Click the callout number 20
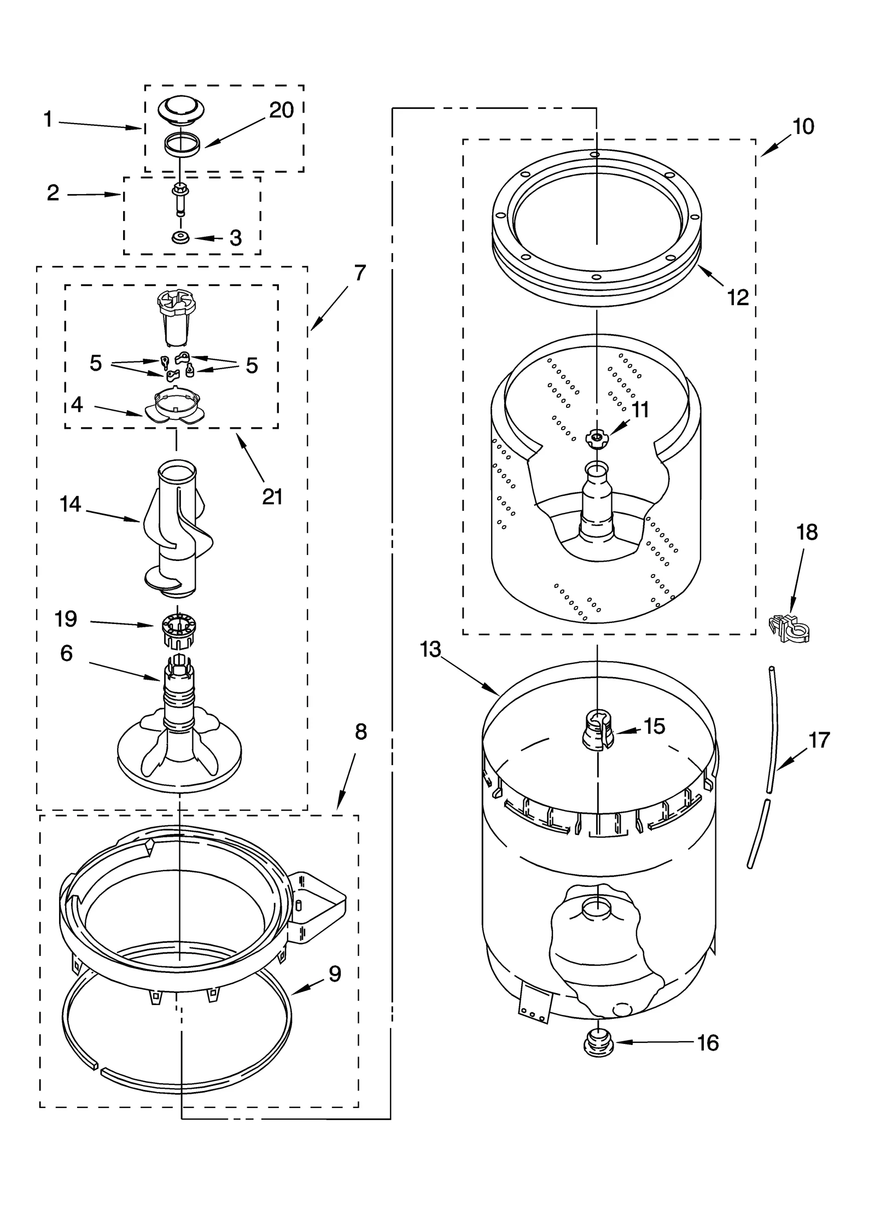[x=282, y=110]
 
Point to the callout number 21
[x=272, y=497]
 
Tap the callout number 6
[x=66, y=653]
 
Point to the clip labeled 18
[x=789, y=628]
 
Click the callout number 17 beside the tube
[x=819, y=740]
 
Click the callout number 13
[x=430, y=650]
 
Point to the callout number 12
[x=738, y=297]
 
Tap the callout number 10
[x=803, y=127]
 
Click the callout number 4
[x=77, y=404]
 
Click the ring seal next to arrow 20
[x=180, y=144]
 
